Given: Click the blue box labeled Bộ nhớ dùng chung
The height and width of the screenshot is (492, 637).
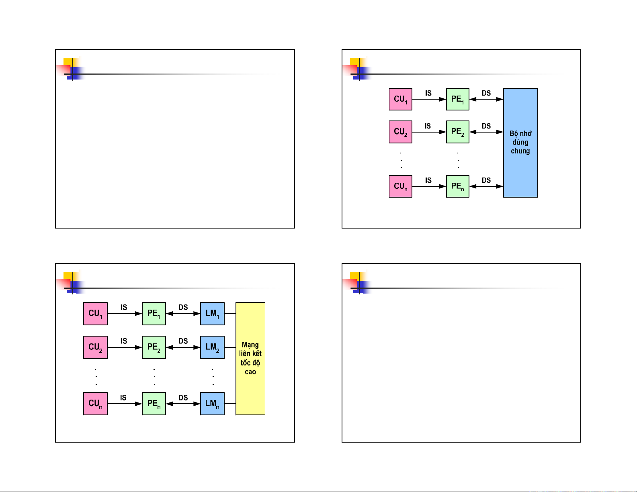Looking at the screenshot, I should click(520, 143).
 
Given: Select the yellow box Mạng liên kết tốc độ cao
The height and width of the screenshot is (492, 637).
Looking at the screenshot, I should click(250, 358).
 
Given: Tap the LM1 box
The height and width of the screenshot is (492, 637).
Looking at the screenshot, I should click(212, 313).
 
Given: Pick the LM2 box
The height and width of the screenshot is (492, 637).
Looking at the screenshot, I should click(212, 347).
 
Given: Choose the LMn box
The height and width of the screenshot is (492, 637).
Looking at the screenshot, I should click(212, 403).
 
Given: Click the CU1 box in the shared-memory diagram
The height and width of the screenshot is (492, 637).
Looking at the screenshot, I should click(401, 99).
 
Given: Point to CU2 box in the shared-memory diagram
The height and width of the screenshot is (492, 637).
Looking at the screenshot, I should click(401, 132).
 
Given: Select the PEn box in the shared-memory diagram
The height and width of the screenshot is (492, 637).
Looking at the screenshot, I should click(458, 186).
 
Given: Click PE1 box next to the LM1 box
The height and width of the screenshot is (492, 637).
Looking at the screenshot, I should click(154, 313).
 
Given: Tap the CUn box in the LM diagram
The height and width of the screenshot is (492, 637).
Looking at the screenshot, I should click(95, 403).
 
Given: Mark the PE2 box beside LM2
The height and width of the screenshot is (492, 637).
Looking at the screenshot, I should click(154, 347).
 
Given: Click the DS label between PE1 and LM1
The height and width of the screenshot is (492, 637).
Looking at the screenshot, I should click(183, 307).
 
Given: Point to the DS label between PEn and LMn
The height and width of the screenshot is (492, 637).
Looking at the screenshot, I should click(183, 398).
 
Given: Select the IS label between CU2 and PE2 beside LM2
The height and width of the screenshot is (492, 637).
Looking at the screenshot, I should click(124, 341).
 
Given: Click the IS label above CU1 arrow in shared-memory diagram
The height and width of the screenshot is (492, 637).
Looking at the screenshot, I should click(428, 93).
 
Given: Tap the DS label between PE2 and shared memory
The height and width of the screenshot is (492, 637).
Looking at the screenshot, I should click(486, 126).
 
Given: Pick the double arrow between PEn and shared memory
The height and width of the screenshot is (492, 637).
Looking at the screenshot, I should click(486, 186).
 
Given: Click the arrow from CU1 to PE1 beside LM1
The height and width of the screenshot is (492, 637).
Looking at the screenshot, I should click(125, 314).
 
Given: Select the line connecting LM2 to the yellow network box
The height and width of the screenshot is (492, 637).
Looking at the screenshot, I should click(230, 347).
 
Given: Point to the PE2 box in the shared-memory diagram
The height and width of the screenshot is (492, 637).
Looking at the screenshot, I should click(458, 132).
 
